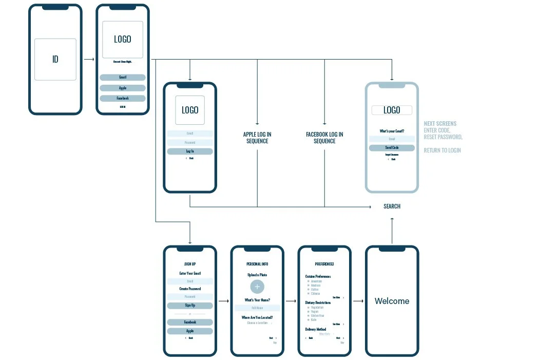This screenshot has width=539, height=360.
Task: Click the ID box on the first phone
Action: [55, 59]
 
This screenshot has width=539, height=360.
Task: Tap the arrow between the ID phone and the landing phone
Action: [89, 59]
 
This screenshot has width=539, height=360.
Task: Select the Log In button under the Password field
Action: [190, 151]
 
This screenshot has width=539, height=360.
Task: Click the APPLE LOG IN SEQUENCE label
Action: [257, 138]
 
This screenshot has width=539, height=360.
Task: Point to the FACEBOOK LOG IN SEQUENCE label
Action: [324, 138]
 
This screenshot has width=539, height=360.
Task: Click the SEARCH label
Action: [392, 206]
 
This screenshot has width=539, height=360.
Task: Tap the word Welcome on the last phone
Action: [392, 301]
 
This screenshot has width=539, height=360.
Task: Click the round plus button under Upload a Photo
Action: [257, 287]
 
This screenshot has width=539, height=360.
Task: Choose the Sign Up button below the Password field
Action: [190, 305]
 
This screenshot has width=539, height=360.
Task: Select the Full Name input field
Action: [257, 308]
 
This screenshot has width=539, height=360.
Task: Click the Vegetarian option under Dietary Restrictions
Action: [317, 307]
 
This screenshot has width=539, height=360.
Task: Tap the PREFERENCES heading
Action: [324, 264]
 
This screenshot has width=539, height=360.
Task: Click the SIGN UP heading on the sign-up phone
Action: [190, 264]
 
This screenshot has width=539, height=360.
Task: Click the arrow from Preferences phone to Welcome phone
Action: [358, 301]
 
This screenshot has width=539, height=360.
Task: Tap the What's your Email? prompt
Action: [392, 131]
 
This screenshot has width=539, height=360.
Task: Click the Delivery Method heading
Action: [315, 329]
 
